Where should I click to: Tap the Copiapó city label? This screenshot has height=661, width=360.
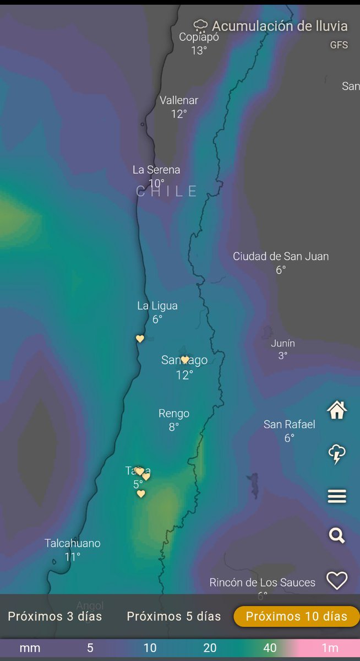(199, 37)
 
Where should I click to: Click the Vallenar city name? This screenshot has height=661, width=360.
(179, 100)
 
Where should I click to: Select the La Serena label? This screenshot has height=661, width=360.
(156, 170)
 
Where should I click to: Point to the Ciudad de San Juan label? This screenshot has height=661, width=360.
(281, 256)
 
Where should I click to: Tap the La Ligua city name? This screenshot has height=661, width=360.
(157, 306)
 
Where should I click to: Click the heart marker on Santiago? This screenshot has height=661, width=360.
(185, 360)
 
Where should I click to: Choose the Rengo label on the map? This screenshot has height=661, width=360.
(174, 413)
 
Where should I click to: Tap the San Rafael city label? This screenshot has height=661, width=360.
(290, 424)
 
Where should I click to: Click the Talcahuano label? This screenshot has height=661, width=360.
(73, 543)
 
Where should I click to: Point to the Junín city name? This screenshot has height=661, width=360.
(283, 343)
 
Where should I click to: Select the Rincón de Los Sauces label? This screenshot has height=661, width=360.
(263, 582)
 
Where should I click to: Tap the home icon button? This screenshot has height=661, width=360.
(337, 410)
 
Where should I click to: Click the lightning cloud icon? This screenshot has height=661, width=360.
(337, 454)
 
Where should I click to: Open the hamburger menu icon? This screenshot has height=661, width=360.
(337, 496)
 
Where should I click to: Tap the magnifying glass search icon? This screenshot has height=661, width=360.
(337, 535)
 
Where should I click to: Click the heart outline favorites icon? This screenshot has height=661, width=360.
(337, 581)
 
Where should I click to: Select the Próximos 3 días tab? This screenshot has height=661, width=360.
(55, 616)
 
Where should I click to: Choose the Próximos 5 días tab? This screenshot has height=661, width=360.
(174, 616)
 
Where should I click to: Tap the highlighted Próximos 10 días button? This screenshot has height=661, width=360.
(297, 616)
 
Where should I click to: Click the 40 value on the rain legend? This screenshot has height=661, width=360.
(270, 648)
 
